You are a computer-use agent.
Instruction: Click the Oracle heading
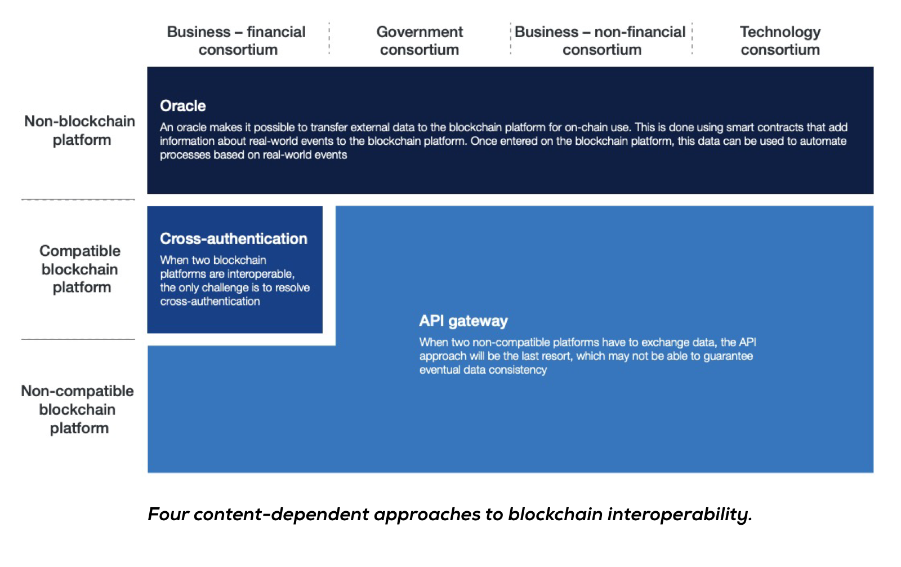pyautogui.click(x=182, y=106)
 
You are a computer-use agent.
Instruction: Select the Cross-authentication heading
pyautogui.click(x=234, y=239)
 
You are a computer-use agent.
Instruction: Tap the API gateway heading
pyautogui.click(x=463, y=321)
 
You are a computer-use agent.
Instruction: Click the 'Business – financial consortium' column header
pyautogui.click(x=237, y=41)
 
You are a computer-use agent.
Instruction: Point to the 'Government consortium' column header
pyautogui.click(x=420, y=41)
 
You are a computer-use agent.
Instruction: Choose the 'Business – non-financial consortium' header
pyautogui.click(x=600, y=41)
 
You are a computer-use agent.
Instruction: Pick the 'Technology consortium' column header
pyautogui.click(x=780, y=41)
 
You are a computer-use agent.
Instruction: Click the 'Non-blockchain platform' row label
pyautogui.click(x=79, y=130)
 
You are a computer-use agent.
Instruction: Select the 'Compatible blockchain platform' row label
pyautogui.click(x=80, y=269)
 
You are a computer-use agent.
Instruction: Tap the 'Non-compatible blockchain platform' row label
pyautogui.click(x=78, y=410)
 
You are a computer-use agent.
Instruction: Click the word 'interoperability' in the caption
pyautogui.click(x=680, y=515)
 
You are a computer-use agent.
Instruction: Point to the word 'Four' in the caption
pyautogui.click(x=168, y=514)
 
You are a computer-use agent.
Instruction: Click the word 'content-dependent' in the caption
pyautogui.click(x=281, y=515)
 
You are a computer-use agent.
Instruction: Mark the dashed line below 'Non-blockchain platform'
pyautogui.click(x=78, y=200)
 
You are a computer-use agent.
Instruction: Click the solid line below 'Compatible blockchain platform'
pyautogui.click(x=78, y=339)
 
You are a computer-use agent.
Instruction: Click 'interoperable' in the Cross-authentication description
pyautogui.click(x=261, y=274)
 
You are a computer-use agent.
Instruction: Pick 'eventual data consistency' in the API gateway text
pyautogui.click(x=483, y=370)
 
